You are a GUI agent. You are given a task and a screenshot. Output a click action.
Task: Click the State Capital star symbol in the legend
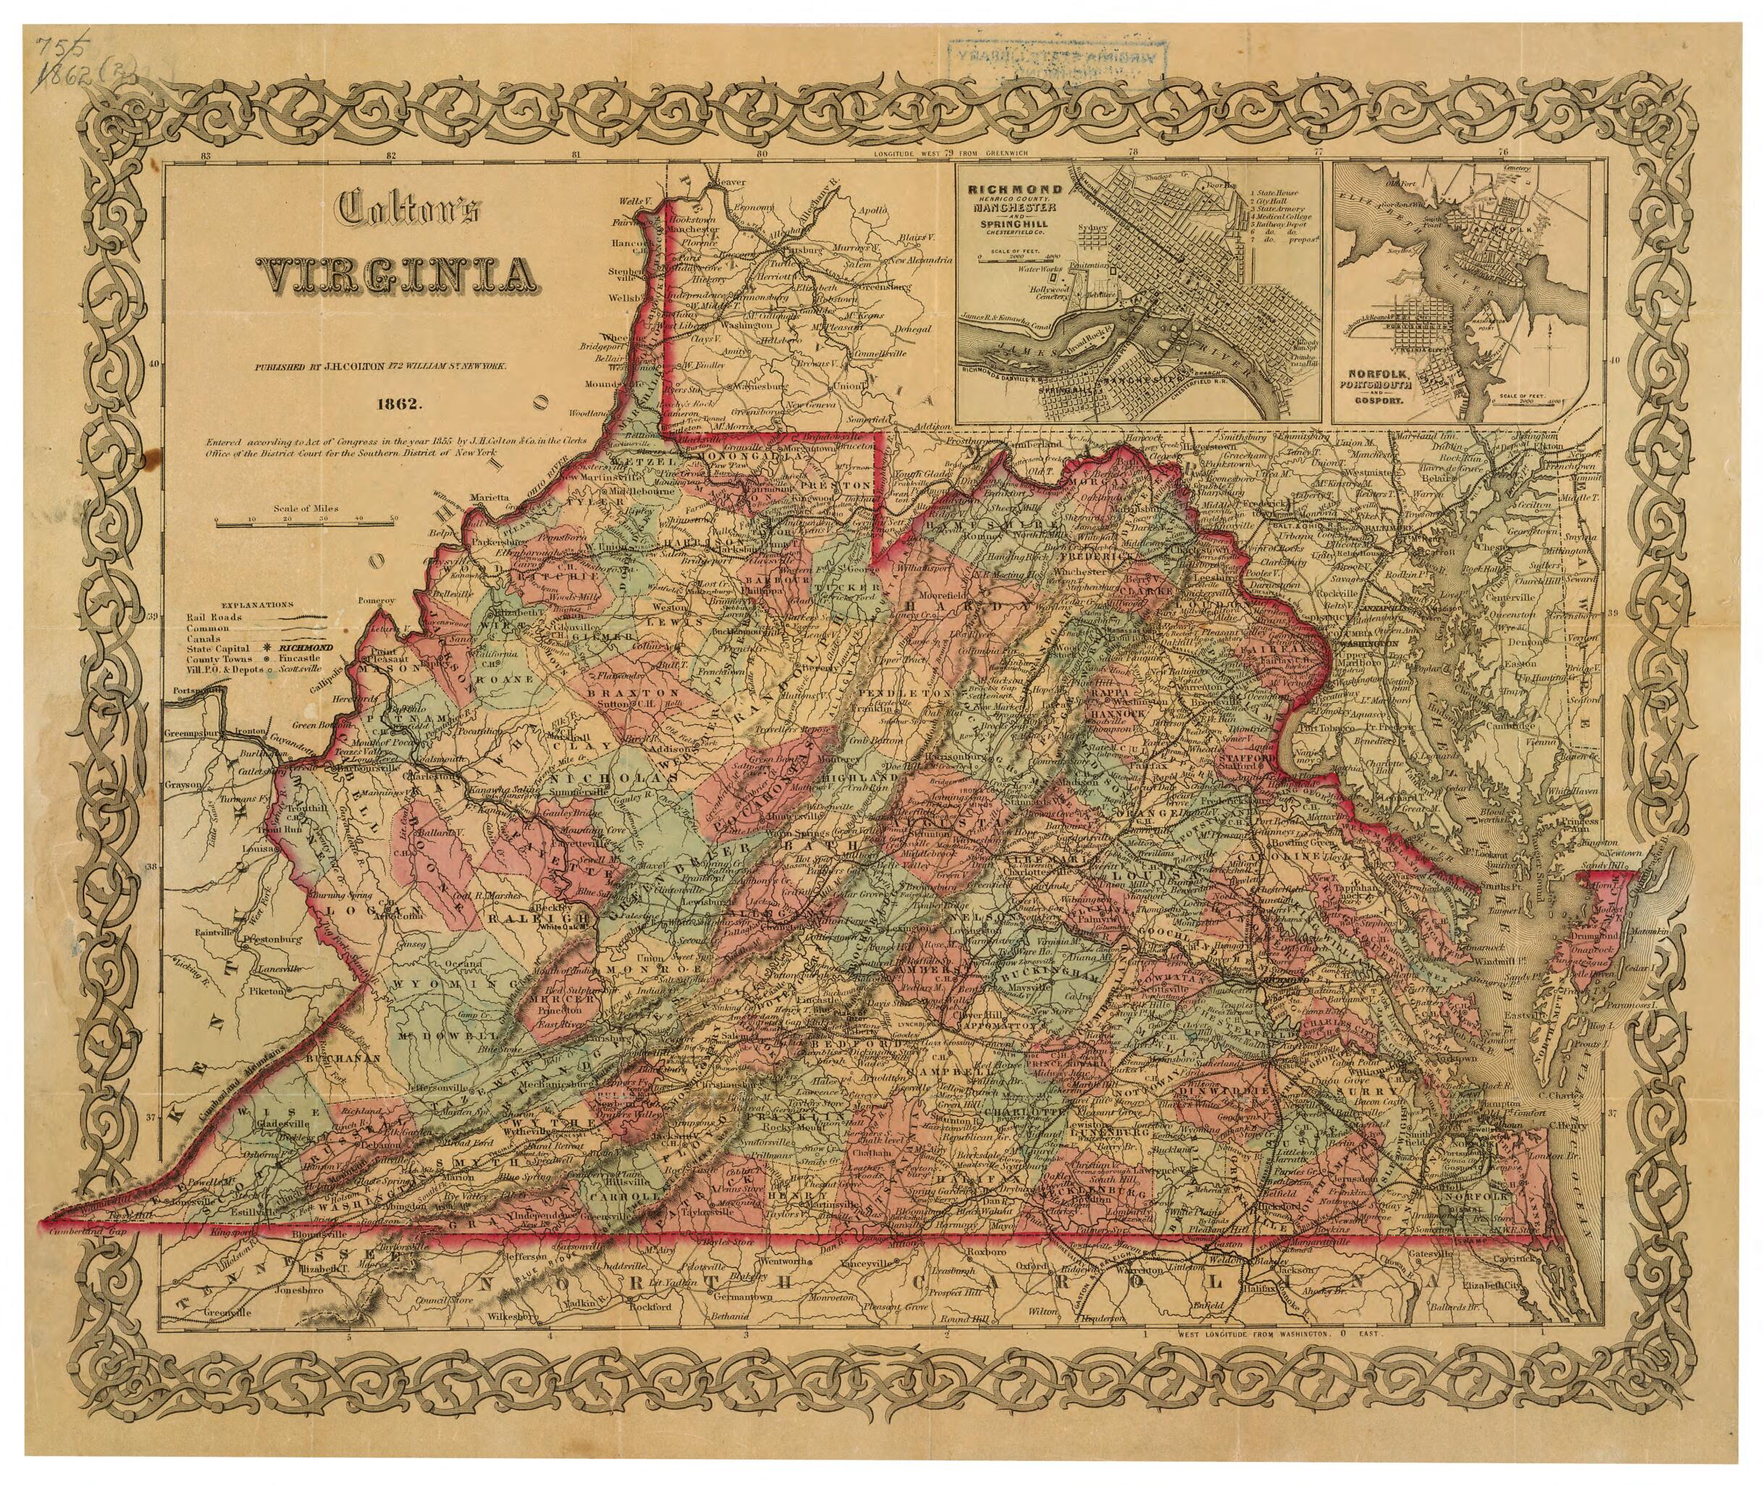point(266,648)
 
